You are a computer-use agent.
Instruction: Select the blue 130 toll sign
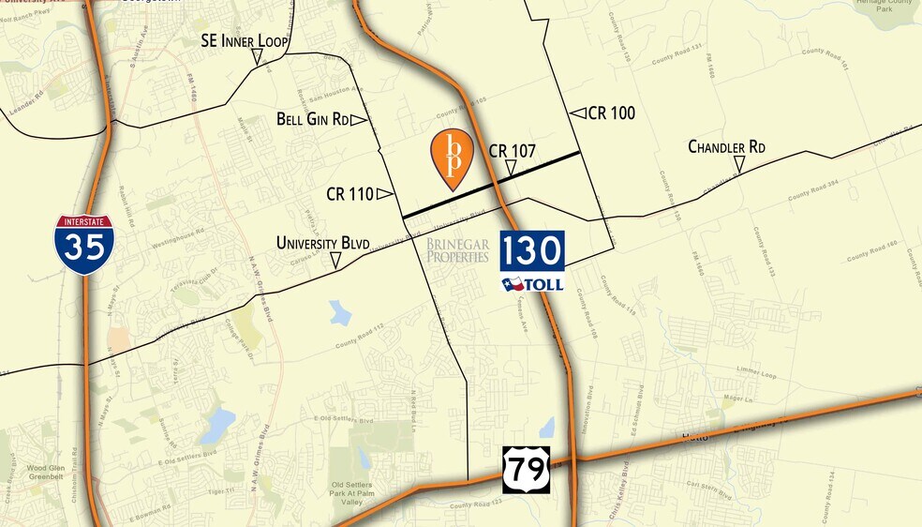(x=532, y=251)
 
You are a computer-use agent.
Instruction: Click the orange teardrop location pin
(x=452, y=158)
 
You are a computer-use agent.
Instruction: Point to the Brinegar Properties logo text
(x=457, y=250)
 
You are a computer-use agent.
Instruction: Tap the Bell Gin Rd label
(x=313, y=119)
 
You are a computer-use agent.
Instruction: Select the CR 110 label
(x=349, y=194)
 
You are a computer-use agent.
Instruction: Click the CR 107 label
(x=512, y=150)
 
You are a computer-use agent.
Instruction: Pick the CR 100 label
(x=612, y=113)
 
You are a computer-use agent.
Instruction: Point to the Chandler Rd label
(x=726, y=147)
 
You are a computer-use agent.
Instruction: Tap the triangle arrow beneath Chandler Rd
(x=739, y=166)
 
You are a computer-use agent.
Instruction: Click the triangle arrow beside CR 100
(x=578, y=113)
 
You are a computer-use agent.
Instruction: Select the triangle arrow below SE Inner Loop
(x=256, y=58)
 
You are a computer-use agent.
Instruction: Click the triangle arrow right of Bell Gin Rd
(x=358, y=119)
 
